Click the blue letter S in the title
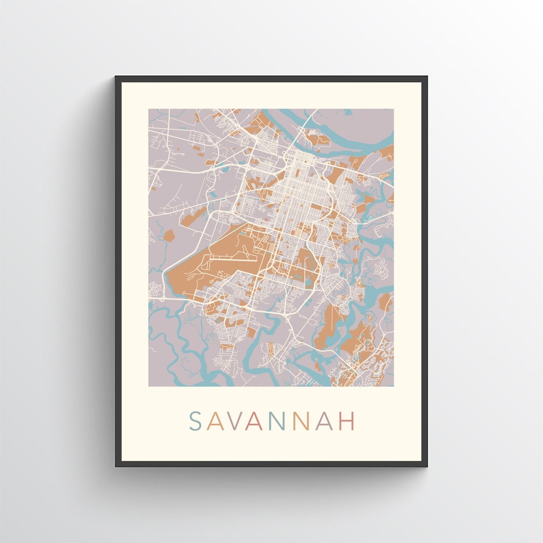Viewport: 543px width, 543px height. tap(195, 421)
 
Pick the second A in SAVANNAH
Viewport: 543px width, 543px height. tap(256, 421)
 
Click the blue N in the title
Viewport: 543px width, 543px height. tap(279, 421)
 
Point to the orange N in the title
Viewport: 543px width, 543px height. tap(303, 421)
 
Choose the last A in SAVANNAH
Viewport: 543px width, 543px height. tap(325, 421)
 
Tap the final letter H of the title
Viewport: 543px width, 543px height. tap(347, 421)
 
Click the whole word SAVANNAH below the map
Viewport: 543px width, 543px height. tap(271, 421)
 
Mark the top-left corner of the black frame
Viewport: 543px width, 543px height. tap(116, 77)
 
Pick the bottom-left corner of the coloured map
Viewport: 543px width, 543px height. tap(149, 386)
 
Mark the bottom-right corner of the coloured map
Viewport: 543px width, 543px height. tap(393, 386)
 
